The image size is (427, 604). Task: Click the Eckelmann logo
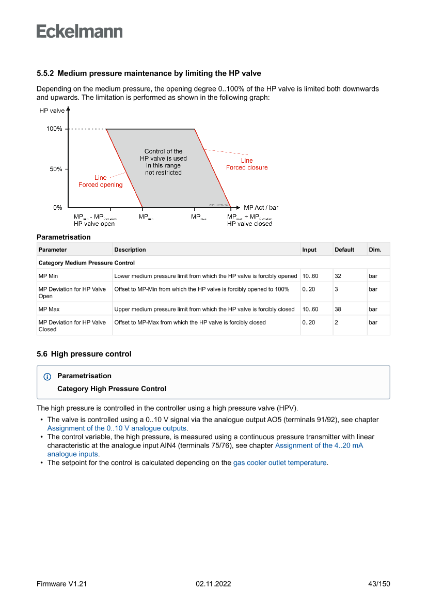pyautogui.click(x=80, y=31)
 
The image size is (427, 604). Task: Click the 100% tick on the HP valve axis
pyautogui.click(x=54, y=129)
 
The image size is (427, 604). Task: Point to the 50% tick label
pyautogui.click(x=56, y=169)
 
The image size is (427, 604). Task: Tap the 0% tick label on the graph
pyautogui.click(x=58, y=208)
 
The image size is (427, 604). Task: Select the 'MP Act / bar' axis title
pyautogui.click(x=261, y=208)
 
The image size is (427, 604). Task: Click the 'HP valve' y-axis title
pyautogui.click(x=52, y=111)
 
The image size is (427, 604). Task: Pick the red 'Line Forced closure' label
pyautogui.click(x=247, y=164)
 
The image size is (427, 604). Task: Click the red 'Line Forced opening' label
pyautogui.click(x=101, y=181)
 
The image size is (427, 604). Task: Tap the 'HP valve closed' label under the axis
pyautogui.click(x=249, y=224)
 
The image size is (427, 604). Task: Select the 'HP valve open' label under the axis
pyautogui.click(x=94, y=224)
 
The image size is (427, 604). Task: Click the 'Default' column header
pyautogui.click(x=344, y=250)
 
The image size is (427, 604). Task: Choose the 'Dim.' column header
pyautogui.click(x=375, y=250)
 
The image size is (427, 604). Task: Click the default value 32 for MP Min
pyautogui.click(x=338, y=276)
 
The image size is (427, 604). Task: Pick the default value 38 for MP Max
pyautogui.click(x=338, y=309)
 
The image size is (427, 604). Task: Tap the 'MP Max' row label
pyautogui.click(x=49, y=309)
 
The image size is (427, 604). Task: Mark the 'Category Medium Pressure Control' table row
pyautogui.click(x=87, y=263)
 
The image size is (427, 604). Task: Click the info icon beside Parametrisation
pyautogui.click(x=48, y=377)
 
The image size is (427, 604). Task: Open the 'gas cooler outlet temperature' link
pyautogui.click(x=280, y=462)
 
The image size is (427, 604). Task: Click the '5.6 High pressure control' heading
pyautogui.click(x=84, y=354)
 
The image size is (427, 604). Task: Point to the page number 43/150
pyautogui.click(x=378, y=584)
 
